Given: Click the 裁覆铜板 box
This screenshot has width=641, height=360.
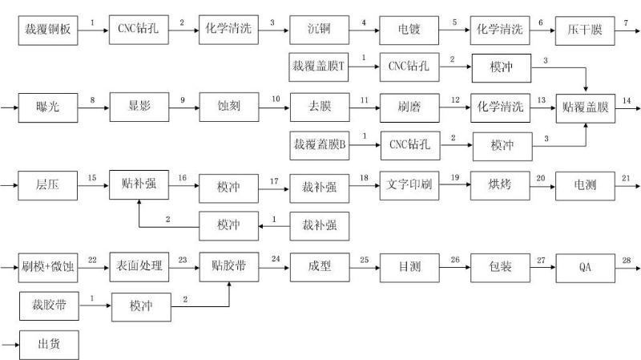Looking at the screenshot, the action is [48, 30].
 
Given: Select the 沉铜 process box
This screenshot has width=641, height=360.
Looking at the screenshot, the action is [319, 30].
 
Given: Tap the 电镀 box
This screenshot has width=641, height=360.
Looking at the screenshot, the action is [409, 30].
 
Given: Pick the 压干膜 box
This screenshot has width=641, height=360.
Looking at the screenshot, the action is [585, 30].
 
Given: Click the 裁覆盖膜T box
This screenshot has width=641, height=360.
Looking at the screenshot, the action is [318, 67].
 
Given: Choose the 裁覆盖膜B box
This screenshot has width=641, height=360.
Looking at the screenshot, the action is [320, 146].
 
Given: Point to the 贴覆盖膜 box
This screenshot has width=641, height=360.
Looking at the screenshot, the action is [586, 108].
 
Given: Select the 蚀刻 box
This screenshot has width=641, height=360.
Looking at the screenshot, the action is [229, 107].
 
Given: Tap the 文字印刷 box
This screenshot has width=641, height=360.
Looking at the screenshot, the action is [409, 186].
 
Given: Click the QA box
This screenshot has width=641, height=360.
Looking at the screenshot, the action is [586, 268].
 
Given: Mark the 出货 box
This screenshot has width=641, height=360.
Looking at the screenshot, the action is [49, 345].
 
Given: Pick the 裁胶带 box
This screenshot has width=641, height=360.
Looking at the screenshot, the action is [49, 306].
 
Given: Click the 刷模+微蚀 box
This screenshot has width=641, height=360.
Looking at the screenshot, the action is [48, 268].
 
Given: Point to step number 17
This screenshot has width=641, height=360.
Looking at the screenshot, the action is [274, 181].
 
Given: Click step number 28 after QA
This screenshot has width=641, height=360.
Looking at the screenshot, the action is [627, 261].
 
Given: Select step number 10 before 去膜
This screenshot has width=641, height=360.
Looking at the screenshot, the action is [276, 99].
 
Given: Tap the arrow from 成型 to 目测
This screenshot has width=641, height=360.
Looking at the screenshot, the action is [365, 268].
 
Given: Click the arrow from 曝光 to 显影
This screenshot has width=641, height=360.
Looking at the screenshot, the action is [94, 107].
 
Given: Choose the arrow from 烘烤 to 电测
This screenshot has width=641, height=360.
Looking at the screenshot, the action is [542, 187].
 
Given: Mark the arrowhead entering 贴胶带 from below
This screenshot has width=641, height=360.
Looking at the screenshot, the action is [229, 285].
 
